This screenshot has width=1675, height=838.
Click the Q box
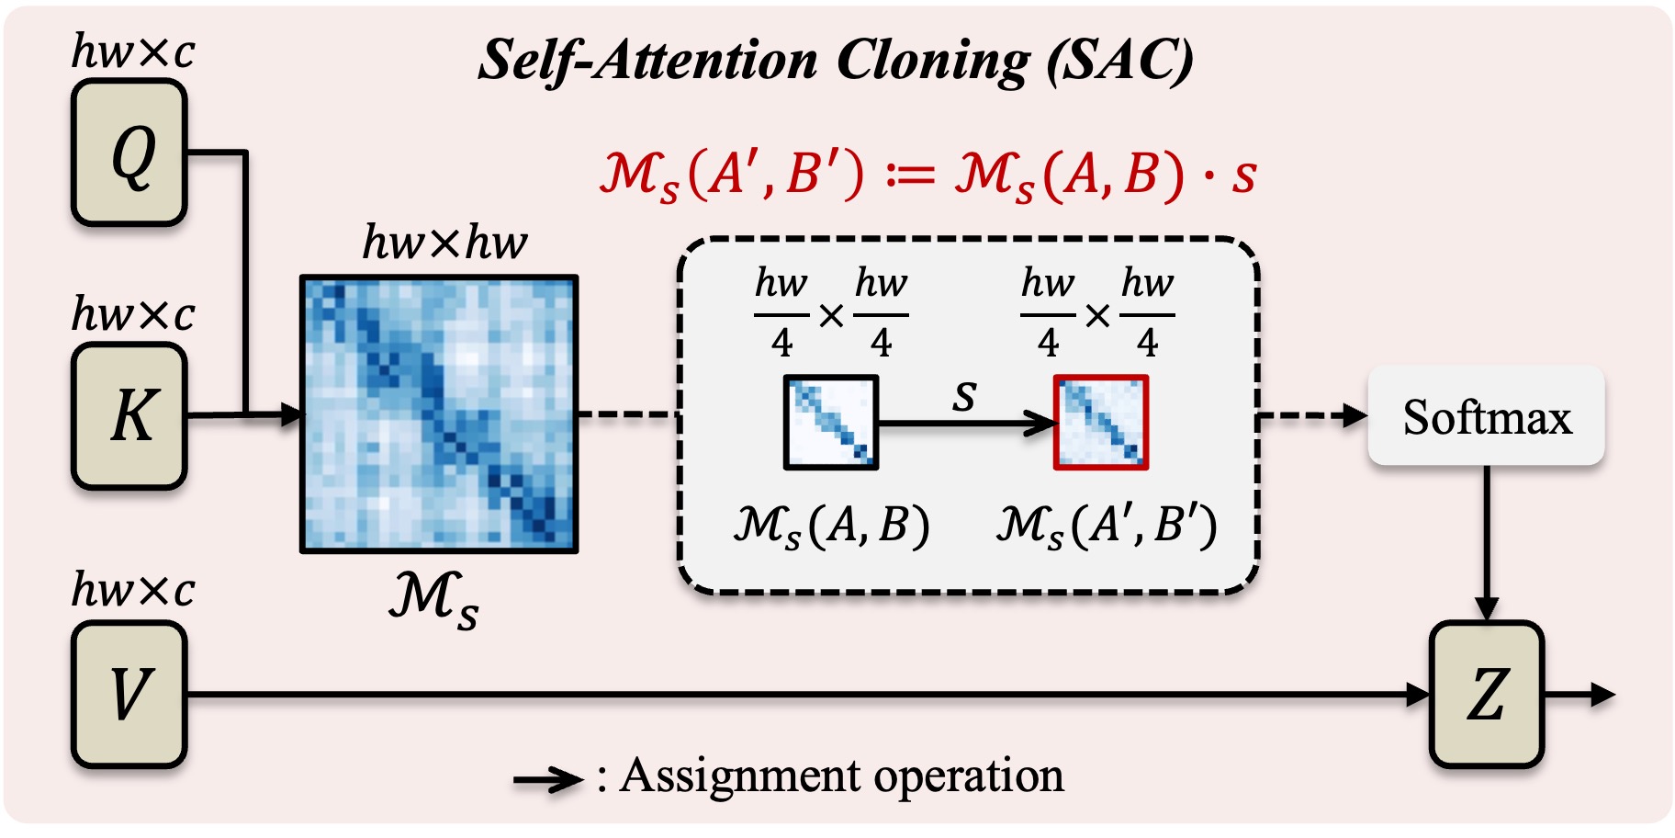pos(129,153)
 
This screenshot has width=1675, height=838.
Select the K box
pos(129,415)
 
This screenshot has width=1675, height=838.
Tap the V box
pos(129,694)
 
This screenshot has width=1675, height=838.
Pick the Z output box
pos(1487,694)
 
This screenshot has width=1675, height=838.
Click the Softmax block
pos(1487,416)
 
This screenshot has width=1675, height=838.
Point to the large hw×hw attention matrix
pos(439,414)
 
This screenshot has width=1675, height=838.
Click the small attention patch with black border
pos(831,423)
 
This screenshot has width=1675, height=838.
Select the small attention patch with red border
pos(1101,423)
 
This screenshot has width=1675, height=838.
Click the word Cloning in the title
pos(933,61)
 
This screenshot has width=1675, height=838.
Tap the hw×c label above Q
pos(133,51)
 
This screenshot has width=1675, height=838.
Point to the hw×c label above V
pos(133,589)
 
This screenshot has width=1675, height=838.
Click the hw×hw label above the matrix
pos(444,243)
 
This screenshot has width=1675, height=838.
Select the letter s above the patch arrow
pos(964,396)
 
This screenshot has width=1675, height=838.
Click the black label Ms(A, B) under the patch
pos(831,527)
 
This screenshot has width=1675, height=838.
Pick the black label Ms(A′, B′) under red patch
pos(1107,527)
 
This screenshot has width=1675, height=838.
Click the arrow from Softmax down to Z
pos(1487,543)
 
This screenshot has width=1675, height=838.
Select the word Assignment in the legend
pos(742,776)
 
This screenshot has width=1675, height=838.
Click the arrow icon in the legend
pos(548,781)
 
